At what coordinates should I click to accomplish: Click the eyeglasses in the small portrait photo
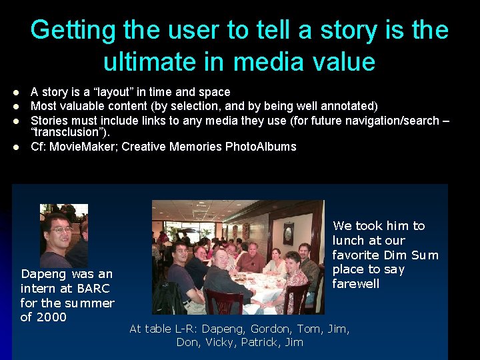click(x=61, y=230)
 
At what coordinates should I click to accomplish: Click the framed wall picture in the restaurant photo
click(x=288, y=233)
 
